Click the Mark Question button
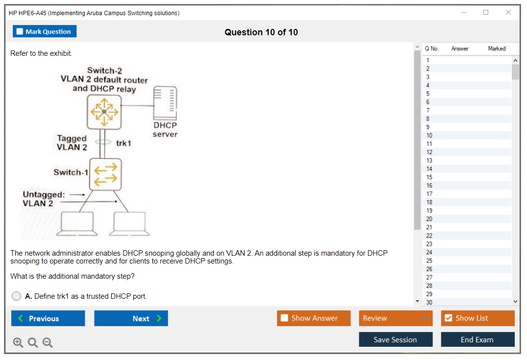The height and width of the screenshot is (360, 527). point(45,31)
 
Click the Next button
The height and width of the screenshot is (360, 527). point(131,318)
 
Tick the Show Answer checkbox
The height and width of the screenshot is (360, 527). point(285,318)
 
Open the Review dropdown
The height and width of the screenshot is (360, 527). point(396,318)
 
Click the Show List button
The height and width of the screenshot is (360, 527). point(477,318)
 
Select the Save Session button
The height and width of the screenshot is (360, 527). point(395,339)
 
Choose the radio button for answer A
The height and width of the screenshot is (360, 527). point(17,296)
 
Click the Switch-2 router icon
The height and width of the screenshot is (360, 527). point(103,112)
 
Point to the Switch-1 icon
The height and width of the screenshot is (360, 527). point(105,174)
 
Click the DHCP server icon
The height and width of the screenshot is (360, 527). point(165,103)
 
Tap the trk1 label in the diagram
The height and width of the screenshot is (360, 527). point(124,143)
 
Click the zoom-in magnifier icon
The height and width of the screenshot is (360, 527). point(18,342)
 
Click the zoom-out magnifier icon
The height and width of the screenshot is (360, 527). point(48,342)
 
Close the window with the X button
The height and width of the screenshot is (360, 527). point(508,13)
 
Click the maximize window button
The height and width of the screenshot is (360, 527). point(486,13)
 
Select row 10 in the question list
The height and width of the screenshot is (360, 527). point(429,135)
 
